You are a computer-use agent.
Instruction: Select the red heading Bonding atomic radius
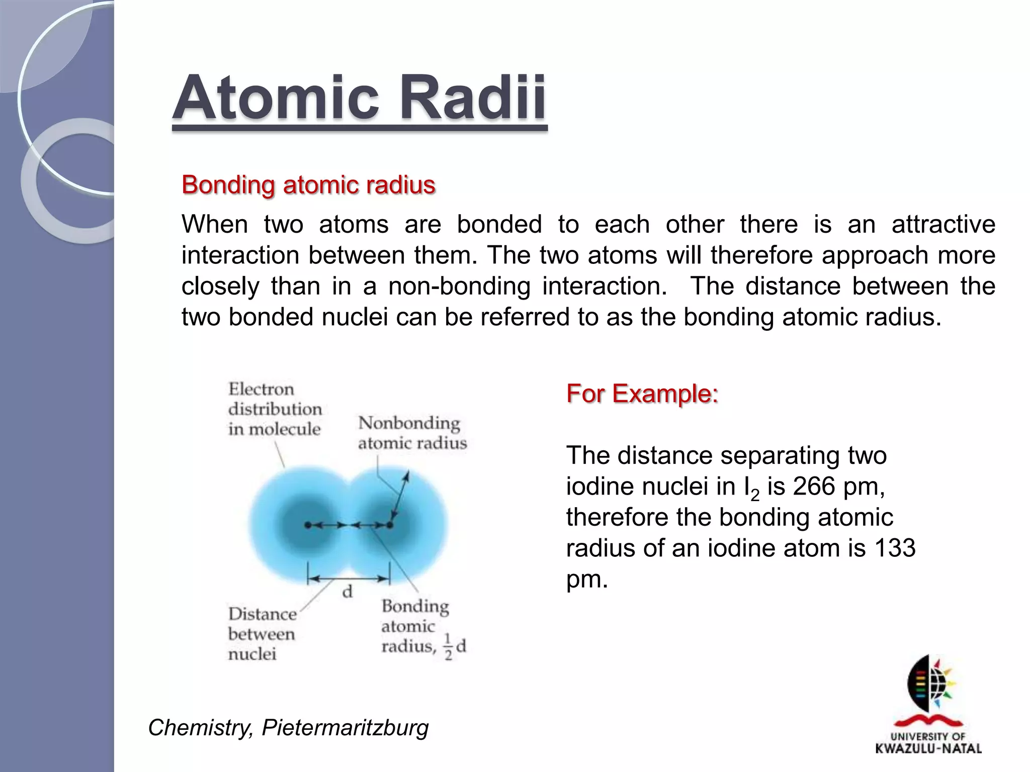coord(308,185)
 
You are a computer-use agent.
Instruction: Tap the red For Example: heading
coord(642,393)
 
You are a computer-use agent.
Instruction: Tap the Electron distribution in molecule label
coord(274,409)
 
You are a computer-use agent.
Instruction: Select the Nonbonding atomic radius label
coord(411,433)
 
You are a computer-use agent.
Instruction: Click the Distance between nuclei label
coord(262,633)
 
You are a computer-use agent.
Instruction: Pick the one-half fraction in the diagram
coord(448,647)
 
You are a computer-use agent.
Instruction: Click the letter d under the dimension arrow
coord(347,592)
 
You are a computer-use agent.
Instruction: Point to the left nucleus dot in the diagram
coord(308,525)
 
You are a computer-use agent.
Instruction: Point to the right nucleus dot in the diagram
coord(390,525)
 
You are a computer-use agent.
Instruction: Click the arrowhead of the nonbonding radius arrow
coord(406,475)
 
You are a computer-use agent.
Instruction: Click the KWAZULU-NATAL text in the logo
coord(928,748)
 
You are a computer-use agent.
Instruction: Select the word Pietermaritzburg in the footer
coord(345,727)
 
